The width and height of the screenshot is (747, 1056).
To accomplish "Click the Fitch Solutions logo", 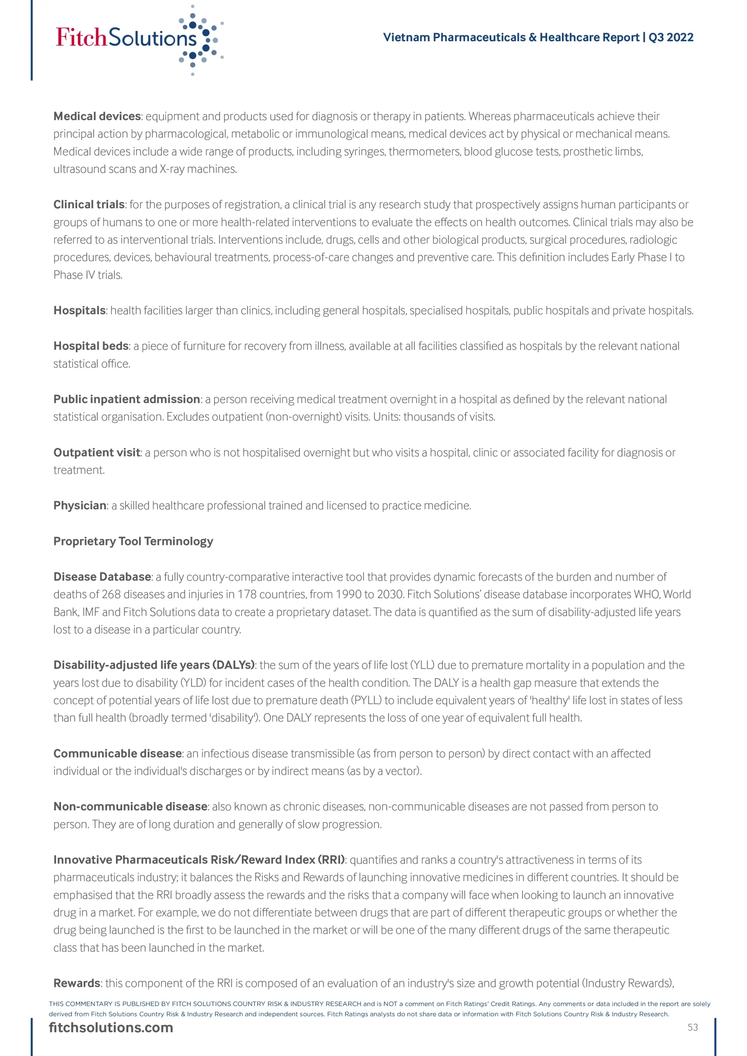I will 138,39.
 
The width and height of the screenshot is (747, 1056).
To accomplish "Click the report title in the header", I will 538,37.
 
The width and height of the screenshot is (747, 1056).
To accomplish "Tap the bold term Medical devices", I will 97,116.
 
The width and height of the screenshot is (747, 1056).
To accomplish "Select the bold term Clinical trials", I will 89,205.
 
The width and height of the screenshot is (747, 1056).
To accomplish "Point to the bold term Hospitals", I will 79,311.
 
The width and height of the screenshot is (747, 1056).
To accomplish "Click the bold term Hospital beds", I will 91,346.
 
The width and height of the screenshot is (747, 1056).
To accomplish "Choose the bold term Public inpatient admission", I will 127,399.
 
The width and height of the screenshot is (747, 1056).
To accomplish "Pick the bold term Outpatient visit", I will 97,453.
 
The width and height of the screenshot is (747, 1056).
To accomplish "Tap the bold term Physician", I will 80,506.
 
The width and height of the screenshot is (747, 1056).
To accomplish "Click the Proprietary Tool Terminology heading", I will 133,541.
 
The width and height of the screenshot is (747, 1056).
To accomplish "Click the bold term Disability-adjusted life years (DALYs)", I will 154,665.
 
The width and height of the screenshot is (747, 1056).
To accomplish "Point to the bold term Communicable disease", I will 117,754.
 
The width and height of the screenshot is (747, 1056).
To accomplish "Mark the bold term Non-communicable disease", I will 130,807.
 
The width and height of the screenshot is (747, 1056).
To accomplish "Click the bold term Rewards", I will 76,983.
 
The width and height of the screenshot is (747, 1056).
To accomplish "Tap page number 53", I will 693,1028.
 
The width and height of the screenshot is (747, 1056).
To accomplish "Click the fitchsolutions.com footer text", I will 111,1028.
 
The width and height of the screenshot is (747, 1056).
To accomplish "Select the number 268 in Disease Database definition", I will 111,595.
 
